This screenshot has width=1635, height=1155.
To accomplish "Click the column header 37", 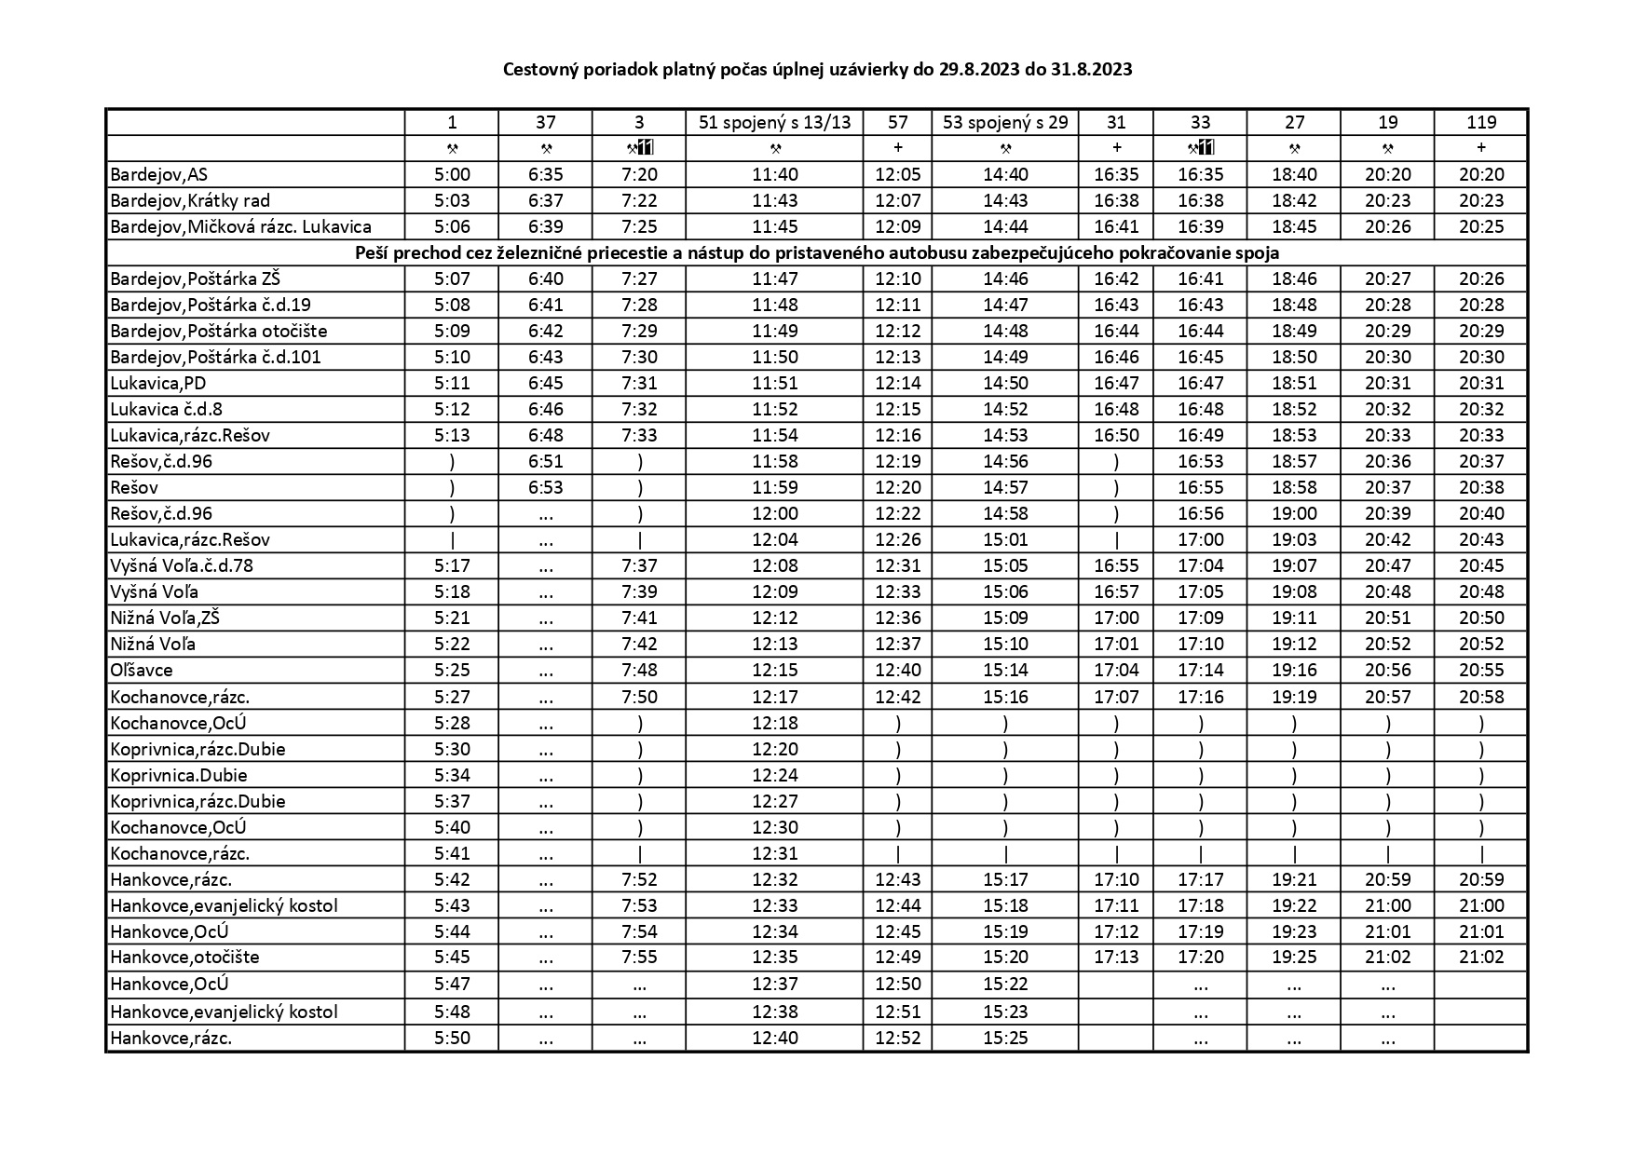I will [x=545, y=122].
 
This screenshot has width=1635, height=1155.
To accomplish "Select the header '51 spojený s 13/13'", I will [x=774, y=122].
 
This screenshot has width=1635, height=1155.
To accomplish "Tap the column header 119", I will [x=1480, y=122].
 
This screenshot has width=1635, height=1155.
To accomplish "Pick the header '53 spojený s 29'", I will [x=1005, y=122].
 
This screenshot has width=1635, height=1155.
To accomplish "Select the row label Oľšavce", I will [x=142, y=670].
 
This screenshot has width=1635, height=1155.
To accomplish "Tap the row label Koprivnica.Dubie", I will [x=179, y=775].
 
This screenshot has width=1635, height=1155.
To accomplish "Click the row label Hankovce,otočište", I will [x=184, y=957].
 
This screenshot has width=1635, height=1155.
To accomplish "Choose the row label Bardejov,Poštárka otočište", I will [x=219, y=331].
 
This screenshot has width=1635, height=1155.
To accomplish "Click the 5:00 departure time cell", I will [x=452, y=174].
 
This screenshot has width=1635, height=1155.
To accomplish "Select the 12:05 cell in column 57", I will [x=897, y=174].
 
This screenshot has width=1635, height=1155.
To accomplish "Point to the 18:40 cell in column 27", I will [x=1293, y=174].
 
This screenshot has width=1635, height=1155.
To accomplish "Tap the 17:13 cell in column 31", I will [x=1116, y=957].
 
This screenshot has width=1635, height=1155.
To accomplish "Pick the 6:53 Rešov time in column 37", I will [x=545, y=487].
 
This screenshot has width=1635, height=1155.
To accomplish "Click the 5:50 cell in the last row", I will [x=452, y=1038].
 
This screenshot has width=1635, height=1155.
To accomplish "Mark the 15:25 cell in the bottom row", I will [x=1005, y=1038].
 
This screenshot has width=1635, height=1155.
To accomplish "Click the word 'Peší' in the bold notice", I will [x=372, y=252].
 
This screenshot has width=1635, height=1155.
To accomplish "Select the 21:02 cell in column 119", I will [x=1480, y=957].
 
